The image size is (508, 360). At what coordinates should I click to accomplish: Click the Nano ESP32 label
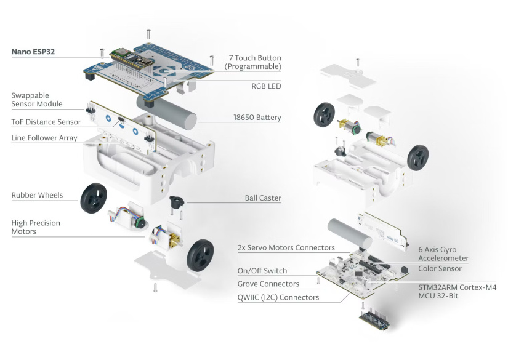point(33,52)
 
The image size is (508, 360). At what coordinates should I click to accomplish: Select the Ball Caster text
point(263,198)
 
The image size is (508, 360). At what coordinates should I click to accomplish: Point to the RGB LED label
point(266,86)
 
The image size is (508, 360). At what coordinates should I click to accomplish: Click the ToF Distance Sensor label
point(46,122)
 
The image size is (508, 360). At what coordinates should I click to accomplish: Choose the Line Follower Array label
point(44,138)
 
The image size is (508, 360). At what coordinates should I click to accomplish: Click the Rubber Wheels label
point(37,195)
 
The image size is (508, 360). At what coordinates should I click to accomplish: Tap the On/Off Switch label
point(262,271)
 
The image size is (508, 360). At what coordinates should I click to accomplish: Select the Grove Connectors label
point(268,284)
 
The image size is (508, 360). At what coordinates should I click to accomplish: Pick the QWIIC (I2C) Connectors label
point(278,297)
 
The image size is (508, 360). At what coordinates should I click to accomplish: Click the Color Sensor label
point(440,268)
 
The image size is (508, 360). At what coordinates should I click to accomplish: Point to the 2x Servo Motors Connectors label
point(286,247)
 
